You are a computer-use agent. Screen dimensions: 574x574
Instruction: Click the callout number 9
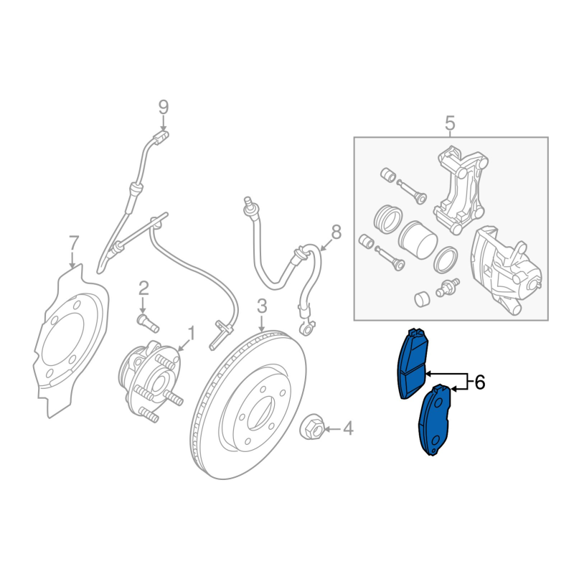164,108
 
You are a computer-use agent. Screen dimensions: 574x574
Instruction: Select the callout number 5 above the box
450,123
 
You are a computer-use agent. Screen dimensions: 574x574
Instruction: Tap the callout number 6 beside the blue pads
479,382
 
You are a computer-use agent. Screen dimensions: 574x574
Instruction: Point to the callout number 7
74,243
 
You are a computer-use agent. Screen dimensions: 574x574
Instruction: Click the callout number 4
348,428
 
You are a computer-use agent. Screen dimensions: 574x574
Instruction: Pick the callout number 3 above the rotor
262,306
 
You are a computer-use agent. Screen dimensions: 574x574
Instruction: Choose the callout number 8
336,232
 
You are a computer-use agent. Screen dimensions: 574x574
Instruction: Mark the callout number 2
143,288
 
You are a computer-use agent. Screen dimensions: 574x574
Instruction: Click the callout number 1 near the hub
191,333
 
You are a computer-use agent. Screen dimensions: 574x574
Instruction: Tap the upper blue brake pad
413,364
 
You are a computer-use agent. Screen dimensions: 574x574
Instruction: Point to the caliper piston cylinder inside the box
418,240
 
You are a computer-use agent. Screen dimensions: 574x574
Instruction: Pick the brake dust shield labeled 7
71,342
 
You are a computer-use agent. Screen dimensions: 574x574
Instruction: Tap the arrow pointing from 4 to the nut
332,428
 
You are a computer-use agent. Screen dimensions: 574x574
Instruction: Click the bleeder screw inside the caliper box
447,288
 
